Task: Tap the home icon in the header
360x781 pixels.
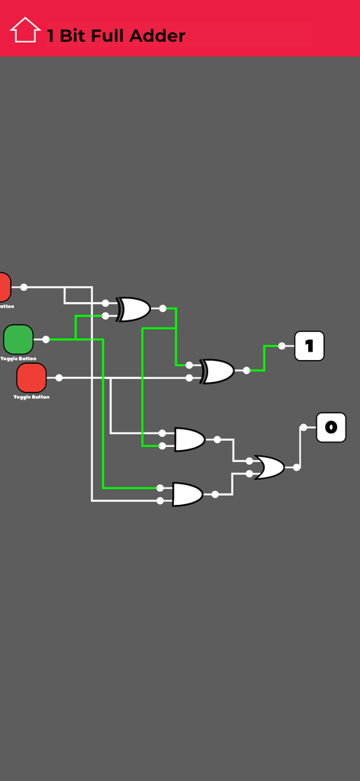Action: pyautogui.click(x=24, y=31)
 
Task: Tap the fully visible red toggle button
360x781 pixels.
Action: pyautogui.click(x=31, y=378)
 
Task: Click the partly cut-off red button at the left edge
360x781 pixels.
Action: pyautogui.click(x=4, y=287)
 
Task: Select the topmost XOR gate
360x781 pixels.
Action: pyautogui.click(x=133, y=309)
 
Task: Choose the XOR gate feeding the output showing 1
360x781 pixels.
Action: pyautogui.click(x=217, y=371)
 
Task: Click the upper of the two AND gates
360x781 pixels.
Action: pyautogui.click(x=189, y=439)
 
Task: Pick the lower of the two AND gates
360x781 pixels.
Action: pyautogui.click(x=188, y=494)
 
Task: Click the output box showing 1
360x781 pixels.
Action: pyautogui.click(x=309, y=346)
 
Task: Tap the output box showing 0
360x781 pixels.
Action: pyautogui.click(x=330, y=427)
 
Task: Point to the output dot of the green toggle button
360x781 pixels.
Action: pyautogui.click(x=46, y=339)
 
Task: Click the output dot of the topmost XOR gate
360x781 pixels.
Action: pyautogui.click(x=162, y=308)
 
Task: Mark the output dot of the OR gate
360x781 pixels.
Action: pyautogui.click(x=297, y=467)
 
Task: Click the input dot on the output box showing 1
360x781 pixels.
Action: pyautogui.click(x=282, y=346)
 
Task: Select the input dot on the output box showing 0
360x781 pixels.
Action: pyautogui.click(x=304, y=427)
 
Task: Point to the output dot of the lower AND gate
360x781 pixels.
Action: pyautogui.click(x=215, y=494)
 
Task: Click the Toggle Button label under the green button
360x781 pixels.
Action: pyautogui.click(x=18, y=358)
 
